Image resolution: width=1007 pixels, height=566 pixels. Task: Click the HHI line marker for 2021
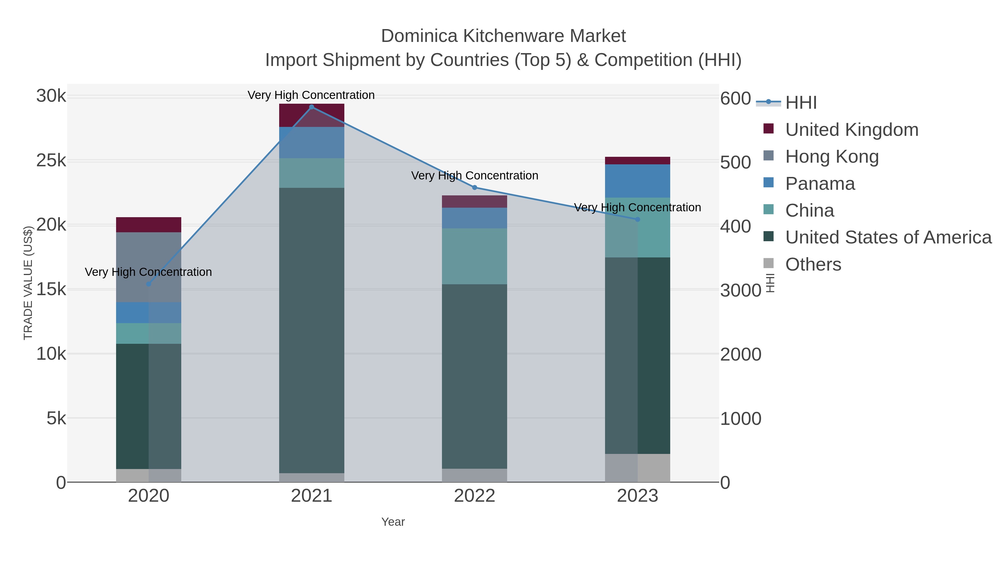tap(312, 107)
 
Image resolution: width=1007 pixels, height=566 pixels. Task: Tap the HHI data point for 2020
tap(149, 284)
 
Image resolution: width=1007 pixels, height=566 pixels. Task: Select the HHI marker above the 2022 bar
tap(475, 188)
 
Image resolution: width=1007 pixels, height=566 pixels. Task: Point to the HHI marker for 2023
tap(637, 219)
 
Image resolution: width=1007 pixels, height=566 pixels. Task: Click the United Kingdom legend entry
tap(851, 130)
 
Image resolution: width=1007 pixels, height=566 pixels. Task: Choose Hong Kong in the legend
tap(832, 157)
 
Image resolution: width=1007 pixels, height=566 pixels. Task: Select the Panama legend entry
tap(820, 184)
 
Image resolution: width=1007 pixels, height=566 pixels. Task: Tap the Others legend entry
tap(813, 264)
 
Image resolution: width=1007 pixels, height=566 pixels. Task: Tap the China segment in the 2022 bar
tap(475, 256)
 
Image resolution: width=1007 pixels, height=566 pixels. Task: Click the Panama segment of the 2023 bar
tap(637, 181)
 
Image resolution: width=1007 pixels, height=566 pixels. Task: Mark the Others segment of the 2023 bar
tap(637, 468)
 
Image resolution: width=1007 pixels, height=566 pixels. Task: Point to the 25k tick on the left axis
tap(51, 160)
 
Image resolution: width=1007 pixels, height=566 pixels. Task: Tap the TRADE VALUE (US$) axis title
tap(28, 283)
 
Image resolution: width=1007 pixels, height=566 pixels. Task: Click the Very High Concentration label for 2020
tap(149, 272)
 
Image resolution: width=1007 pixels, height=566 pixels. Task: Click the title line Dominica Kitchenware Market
tap(503, 36)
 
